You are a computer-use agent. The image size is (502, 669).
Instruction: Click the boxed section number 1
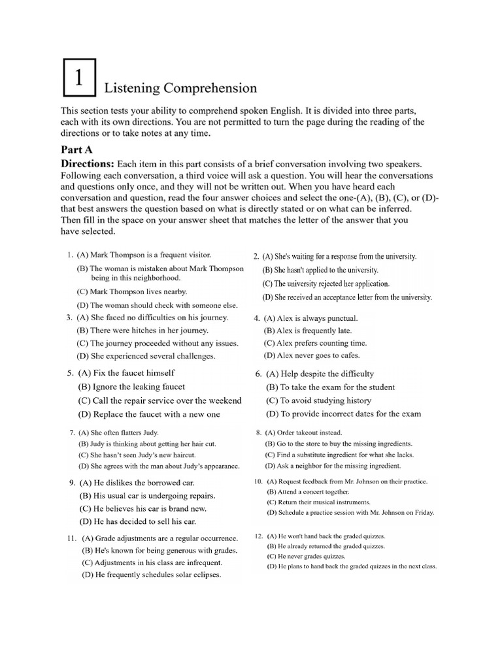[78, 78]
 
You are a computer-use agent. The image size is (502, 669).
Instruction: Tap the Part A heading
[79, 149]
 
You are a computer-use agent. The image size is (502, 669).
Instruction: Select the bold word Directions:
[88, 163]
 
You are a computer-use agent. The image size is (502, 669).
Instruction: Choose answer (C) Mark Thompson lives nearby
[131, 291]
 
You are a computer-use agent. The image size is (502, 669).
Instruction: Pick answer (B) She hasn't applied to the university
[320, 270]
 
